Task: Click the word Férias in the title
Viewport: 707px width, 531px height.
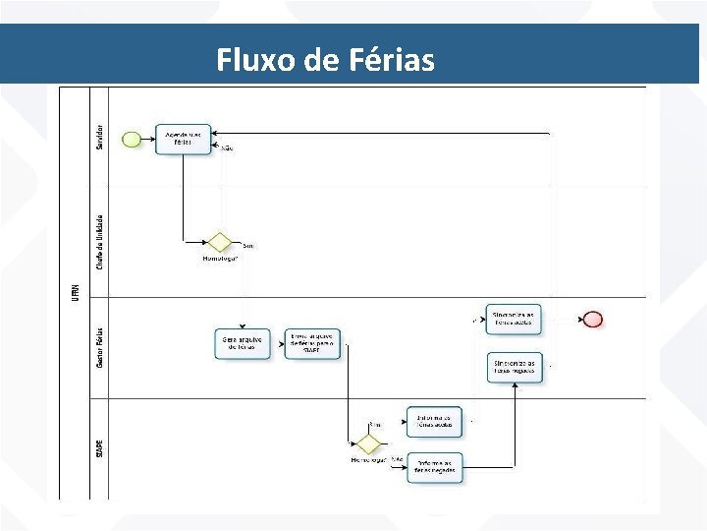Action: click(390, 60)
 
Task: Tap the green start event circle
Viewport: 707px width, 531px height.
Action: click(131, 139)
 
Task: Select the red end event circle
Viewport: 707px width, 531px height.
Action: click(592, 319)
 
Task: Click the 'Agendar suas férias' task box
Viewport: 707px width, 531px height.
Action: click(183, 139)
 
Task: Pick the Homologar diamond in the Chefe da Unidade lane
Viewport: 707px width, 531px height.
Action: click(218, 242)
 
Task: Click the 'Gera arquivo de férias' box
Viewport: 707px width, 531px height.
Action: click(241, 343)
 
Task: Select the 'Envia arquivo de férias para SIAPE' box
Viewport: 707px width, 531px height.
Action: click(312, 343)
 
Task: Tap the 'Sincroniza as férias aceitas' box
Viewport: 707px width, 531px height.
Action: click(514, 318)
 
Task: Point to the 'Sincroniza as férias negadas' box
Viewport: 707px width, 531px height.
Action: click(514, 367)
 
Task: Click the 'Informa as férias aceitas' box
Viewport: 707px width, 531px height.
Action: click(433, 421)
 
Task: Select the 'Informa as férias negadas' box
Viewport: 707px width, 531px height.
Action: click(434, 467)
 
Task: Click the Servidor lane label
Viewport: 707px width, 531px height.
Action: click(99, 137)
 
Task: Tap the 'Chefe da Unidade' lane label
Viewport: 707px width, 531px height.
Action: click(99, 242)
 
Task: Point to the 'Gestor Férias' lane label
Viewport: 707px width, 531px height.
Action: click(99, 348)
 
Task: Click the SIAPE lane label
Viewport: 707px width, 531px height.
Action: click(99, 447)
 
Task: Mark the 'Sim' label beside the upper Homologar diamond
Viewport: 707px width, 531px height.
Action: click(247, 246)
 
